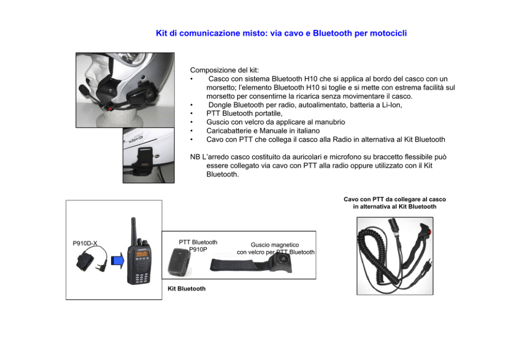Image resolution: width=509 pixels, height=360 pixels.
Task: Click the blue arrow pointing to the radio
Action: [x=118, y=260]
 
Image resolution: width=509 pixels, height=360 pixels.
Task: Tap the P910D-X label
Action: [x=85, y=243]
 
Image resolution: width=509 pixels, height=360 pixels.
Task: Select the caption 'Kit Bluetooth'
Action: [x=186, y=289]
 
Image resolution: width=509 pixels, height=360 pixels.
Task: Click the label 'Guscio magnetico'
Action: [x=275, y=245]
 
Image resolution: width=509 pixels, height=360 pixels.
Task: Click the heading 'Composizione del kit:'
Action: [x=224, y=70]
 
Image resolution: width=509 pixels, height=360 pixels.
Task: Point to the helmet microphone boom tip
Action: [x=83, y=89]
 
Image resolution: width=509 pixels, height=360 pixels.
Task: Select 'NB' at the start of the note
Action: [x=195, y=157]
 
